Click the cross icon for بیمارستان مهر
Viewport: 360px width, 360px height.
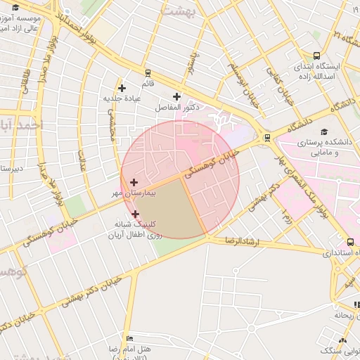tap(134, 182)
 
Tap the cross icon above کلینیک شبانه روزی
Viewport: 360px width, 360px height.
tap(135, 214)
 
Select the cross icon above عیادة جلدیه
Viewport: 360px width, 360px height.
tap(122, 88)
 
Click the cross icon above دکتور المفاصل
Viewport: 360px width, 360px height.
tap(176, 97)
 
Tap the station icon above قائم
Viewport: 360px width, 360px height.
tap(148, 72)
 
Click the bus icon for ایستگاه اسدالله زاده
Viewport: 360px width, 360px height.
tap(317, 56)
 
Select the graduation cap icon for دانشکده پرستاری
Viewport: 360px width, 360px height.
tap(324, 131)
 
